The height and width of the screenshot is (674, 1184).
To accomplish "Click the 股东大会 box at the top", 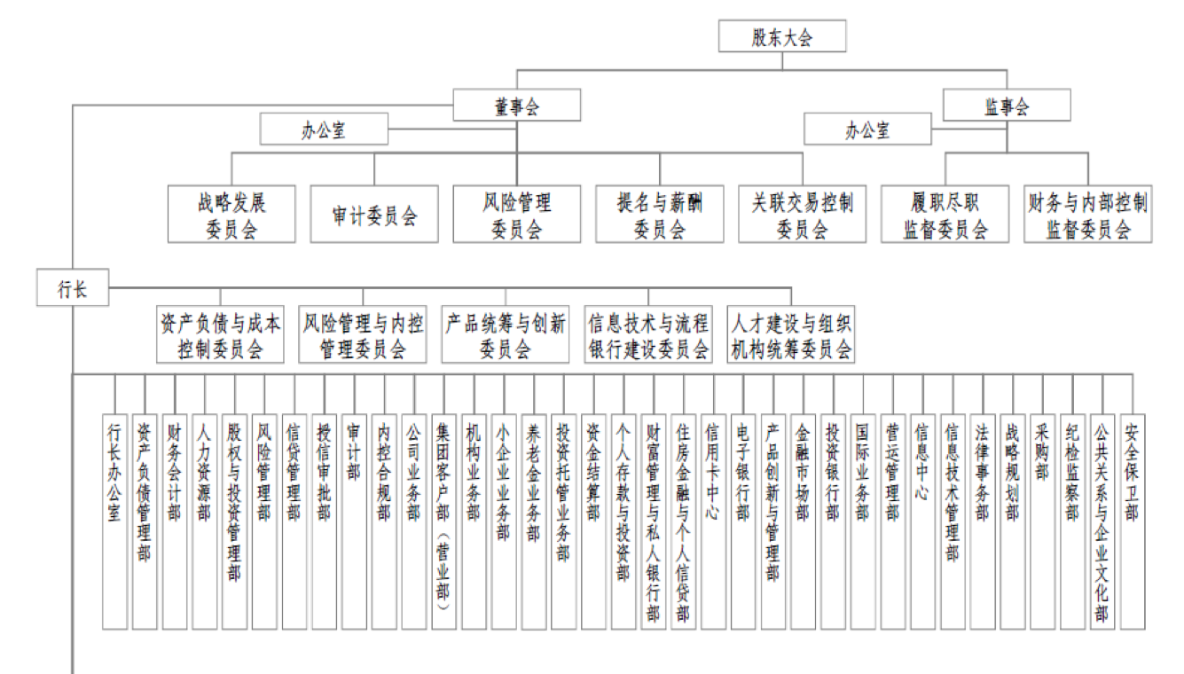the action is click(x=782, y=36).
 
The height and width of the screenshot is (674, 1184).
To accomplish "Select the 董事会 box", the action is click(x=516, y=106).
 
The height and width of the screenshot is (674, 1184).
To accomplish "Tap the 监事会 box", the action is click(x=1007, y=106).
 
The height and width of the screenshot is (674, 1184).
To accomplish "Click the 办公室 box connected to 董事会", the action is click(x=324, y=129).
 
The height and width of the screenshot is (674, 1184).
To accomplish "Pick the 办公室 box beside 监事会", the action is click(x=867, y=129).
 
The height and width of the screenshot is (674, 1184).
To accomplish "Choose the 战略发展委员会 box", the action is click(x=231, y=214).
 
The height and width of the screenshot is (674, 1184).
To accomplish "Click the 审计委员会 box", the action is click(x=374, y=214).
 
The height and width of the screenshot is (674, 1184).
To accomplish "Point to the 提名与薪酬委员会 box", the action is click(x=660, y=214).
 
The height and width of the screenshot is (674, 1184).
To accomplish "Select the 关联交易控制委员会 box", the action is click(x=803, y=214).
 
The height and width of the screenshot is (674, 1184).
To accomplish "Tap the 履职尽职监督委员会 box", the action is click(x=945, y=214).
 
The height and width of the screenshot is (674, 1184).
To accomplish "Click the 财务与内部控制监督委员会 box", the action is click(x=1088, y=214).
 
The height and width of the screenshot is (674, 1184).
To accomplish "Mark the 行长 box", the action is click(x=73, y=287).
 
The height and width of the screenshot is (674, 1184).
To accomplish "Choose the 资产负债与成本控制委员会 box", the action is click(x=220, y=334).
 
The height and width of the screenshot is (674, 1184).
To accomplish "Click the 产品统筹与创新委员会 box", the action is click(x=506, y=334).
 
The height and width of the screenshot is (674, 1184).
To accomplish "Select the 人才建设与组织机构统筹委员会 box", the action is click(x=791, y=334).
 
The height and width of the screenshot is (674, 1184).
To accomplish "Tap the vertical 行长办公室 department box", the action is click(x=114, y=521).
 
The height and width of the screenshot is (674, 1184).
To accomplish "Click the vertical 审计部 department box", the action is click(x=354, y=521).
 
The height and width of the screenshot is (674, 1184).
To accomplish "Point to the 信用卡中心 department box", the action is click(x=713, y=521).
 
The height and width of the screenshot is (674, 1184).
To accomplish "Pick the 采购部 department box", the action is click(x=1042, y=521).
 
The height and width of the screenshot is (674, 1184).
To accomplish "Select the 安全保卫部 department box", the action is click(x=1133, y=521).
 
